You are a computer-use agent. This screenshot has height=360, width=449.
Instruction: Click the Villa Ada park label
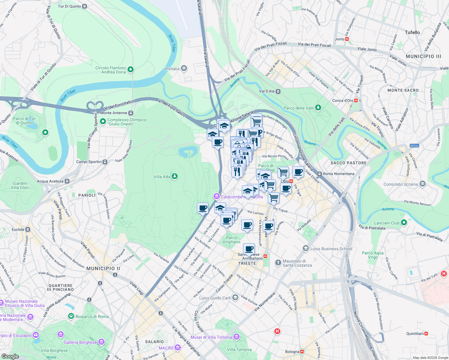[x=162, y=177]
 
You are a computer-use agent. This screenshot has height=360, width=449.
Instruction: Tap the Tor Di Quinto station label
[x=69, y=6]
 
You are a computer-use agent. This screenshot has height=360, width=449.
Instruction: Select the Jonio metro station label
[x=339, y=39]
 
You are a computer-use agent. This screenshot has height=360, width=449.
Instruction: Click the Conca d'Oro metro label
[x=342, y=100]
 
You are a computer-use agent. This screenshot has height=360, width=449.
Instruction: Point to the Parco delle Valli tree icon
[x=318, y=107]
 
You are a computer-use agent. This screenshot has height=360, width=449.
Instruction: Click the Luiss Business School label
[x=331, y=249]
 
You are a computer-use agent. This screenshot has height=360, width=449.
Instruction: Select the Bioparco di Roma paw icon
[x=71, y=316]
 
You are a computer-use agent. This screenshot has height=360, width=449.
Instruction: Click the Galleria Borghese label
[x=80, y=342]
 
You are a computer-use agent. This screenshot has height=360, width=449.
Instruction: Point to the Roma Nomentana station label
[x=338, y=174]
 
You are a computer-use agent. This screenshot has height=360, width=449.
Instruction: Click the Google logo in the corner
[x=10, y=356]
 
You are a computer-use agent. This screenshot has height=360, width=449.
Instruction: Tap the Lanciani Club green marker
[x=404, y=223]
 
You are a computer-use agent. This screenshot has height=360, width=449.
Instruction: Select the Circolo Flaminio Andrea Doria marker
[x=131, y=70]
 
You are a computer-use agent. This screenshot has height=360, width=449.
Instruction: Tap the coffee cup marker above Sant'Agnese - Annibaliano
[x=249, y=249]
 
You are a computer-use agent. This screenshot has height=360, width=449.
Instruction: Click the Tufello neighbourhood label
[x=412, y=32]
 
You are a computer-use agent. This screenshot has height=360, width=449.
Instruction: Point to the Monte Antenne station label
[x=114, y=113]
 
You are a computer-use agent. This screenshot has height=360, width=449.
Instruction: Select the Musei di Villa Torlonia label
[x=211, y=337]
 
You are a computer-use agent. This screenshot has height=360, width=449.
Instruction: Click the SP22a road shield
[x=414, y=146]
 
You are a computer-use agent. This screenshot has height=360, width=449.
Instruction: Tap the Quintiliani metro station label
[x=415, y=334]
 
